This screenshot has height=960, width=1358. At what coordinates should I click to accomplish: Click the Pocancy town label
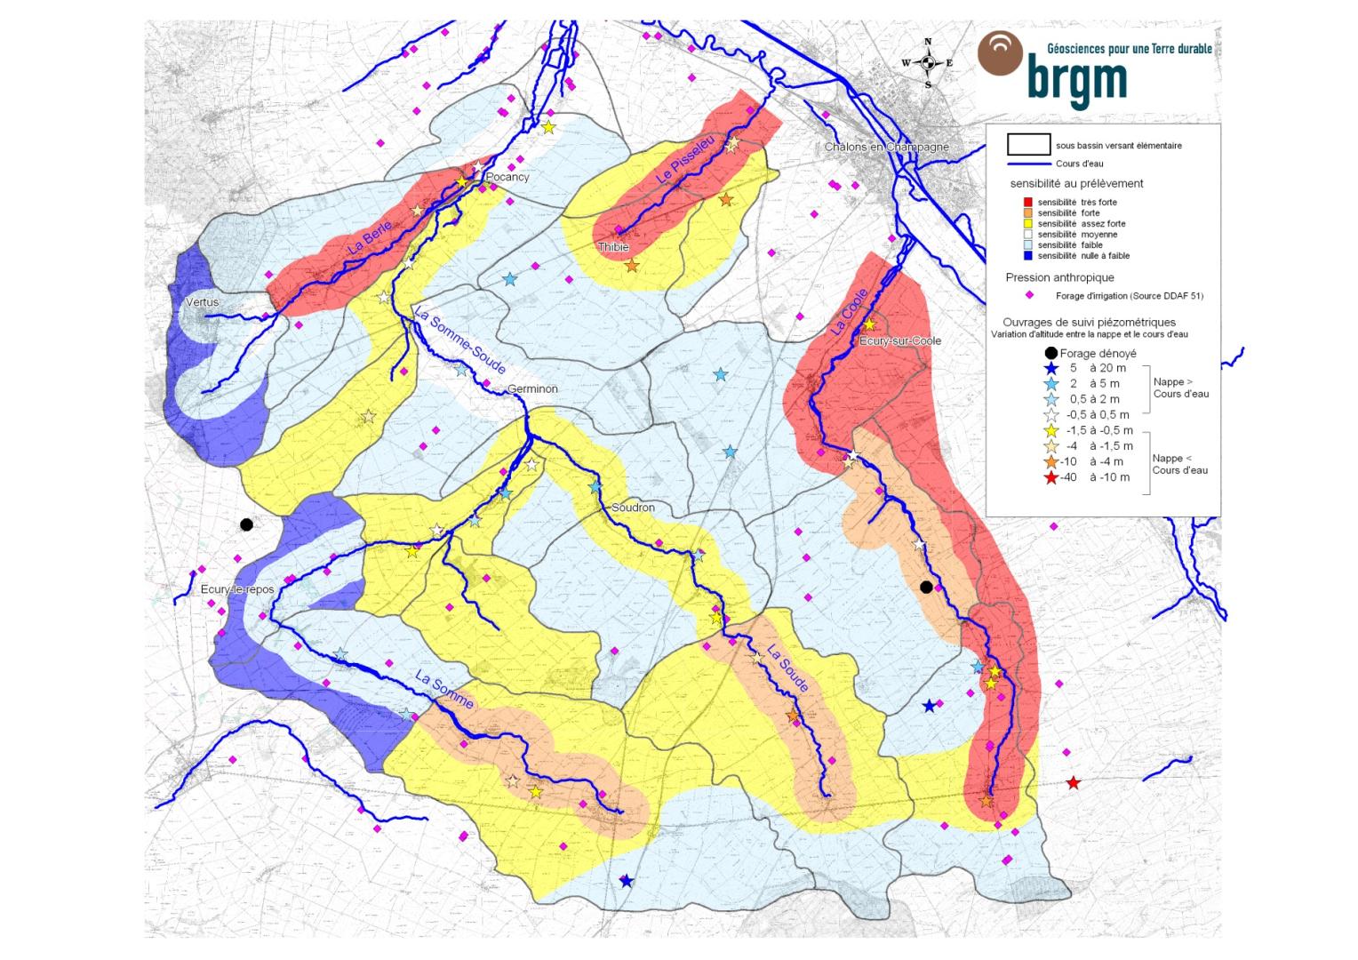click(507, 177)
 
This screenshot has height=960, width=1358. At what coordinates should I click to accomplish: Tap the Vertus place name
click(202, 302)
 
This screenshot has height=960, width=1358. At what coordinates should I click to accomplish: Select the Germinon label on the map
click(532, 389)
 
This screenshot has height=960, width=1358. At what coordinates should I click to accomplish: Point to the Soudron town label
click(633, 508)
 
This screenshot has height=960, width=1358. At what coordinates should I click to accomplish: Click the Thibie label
click(613, 247)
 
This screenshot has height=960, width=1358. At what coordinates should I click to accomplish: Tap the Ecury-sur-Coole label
click(900, 340)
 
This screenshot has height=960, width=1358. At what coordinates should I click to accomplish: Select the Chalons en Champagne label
click(886, 147)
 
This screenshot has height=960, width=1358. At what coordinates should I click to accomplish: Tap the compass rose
click(928, 62)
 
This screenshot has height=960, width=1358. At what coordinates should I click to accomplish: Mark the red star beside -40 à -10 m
click(1050, 478)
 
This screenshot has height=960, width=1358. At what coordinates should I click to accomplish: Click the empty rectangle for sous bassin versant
click(1029, 144)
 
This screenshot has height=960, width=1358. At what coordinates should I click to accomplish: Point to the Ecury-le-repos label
click(237, 589)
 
